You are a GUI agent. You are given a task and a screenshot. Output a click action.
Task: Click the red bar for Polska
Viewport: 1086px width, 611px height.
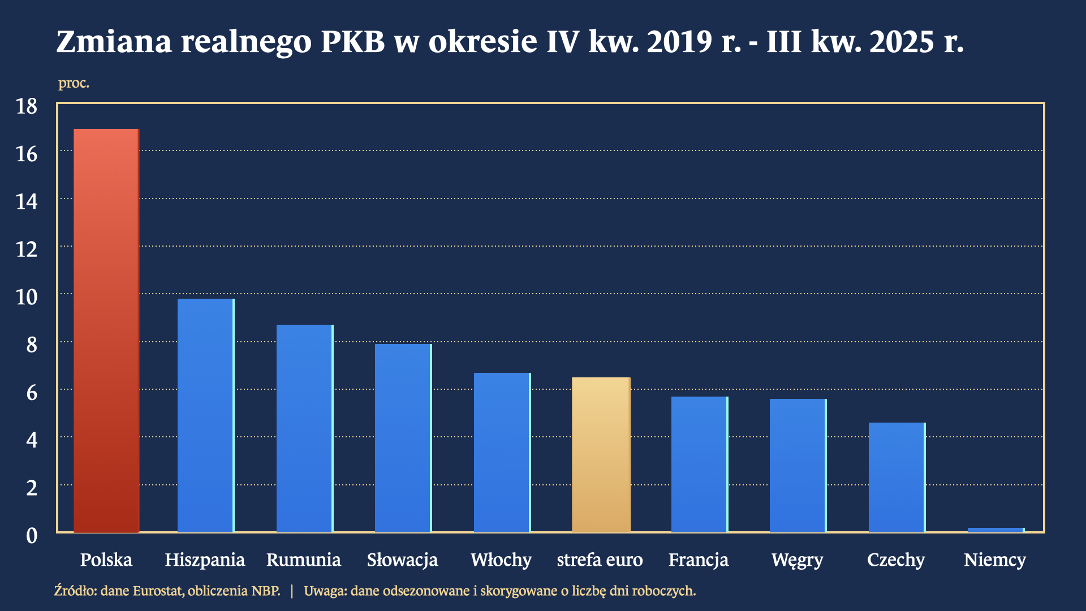point(106,331)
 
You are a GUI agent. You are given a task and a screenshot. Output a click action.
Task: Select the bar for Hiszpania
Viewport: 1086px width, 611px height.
point(205,416)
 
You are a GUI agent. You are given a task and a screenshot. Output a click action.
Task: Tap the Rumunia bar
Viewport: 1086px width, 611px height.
point(304,429)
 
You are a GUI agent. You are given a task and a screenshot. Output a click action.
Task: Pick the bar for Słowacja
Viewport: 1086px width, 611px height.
point(403,438)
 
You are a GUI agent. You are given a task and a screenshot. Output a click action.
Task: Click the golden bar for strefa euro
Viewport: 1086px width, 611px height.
point(601,455)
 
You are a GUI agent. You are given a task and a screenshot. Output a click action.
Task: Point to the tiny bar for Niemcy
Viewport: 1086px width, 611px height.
point(996,530)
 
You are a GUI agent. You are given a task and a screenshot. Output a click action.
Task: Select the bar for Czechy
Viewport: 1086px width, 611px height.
point(897,477)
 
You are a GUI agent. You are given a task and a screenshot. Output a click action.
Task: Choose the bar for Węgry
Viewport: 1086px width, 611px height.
point(798,466)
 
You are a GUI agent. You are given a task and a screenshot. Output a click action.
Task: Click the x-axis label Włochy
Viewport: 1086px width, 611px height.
point(501,560)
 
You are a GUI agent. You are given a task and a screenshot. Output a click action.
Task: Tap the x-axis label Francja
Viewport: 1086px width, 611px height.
point(699,560)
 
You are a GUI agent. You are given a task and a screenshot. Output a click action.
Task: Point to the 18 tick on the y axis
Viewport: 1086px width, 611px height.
point(27,106)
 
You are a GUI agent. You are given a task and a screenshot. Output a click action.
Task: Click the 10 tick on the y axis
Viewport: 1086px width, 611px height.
point(27,297)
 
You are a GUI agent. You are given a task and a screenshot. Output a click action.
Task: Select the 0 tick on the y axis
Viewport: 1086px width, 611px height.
point(32,536)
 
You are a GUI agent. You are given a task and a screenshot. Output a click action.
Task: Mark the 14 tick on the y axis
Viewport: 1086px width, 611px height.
point(27,202)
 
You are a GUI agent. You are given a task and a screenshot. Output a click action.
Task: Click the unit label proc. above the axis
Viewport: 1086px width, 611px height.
point(74,83)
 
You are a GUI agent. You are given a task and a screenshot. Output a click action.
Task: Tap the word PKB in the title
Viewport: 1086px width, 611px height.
point(353,41)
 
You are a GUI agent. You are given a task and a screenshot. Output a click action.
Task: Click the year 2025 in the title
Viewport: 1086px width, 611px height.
point(902,41)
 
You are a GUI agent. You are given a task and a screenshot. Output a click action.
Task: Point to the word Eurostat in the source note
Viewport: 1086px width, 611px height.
point(158,591)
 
